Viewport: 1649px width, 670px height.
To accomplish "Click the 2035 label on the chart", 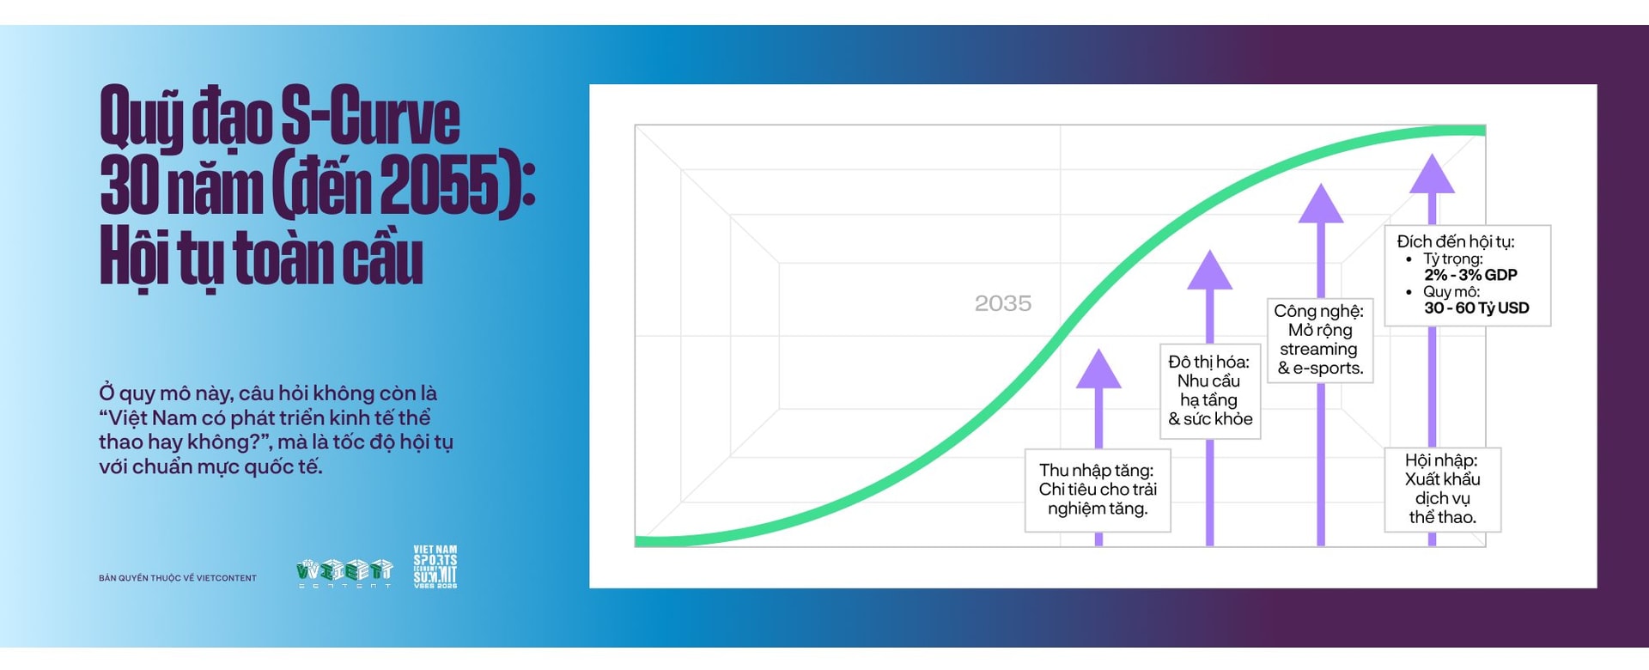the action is point(1002,303).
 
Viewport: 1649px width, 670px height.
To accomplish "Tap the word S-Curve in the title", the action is point(371,119).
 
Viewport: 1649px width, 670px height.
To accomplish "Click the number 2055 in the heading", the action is point(439,186).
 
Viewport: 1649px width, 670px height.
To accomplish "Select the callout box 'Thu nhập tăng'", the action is point(1098,490).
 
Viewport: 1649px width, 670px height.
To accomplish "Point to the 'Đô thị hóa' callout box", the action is point(1209,391).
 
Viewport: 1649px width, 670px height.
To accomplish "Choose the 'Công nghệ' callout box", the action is point(1320,339).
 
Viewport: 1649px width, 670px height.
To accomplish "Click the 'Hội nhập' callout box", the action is point(1443,489).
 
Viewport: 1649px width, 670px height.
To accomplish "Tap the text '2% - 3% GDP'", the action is point(1470,275).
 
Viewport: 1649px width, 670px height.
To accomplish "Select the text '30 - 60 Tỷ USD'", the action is point(1476,308).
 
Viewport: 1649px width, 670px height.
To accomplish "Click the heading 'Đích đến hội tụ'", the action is point(1455,241).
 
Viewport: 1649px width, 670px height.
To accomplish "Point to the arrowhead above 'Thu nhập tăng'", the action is point(1098,368).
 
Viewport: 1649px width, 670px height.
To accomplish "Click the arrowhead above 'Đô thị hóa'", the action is point(1209,270).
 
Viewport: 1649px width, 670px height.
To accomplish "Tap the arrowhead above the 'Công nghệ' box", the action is point(1320,204).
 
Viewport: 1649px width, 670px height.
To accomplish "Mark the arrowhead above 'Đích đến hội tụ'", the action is point(1432,174).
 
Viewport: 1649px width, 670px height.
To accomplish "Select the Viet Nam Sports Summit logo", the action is point(435,566).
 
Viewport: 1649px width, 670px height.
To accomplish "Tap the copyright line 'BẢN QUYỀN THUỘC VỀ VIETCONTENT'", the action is point(178,578).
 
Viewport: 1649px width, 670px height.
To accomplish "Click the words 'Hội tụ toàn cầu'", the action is point(262,257).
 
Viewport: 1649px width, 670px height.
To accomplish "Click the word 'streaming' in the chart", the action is point(1318,349).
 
